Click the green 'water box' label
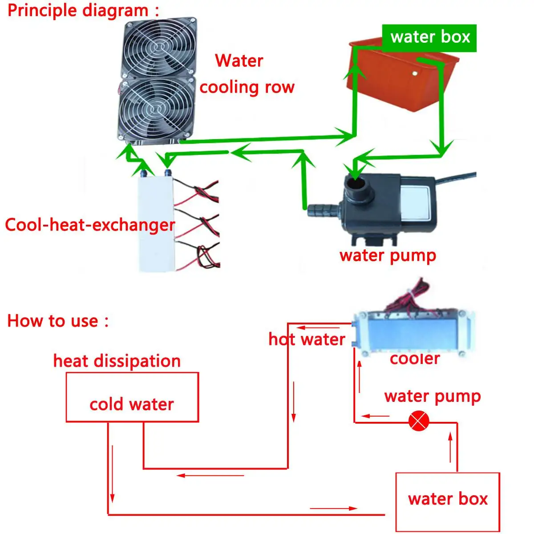pos(429,38)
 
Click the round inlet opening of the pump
pos(355,183)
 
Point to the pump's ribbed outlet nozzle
pos(322,210)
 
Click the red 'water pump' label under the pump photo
pos(388,256)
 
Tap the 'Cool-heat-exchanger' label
pos(90,225)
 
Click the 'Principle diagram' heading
pos(83,11)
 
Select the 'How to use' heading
pos(58,320)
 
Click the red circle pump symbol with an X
pos(419,421)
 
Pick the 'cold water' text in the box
pos(132,405)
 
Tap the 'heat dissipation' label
pos(117,361)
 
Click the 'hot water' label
pos(307,339)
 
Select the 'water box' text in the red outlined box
pos(448,499)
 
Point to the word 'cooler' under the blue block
pos(415,359)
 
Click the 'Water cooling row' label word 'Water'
pos(239,61)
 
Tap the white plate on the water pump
pos(415,203)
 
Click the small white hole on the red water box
pos(415,73)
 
